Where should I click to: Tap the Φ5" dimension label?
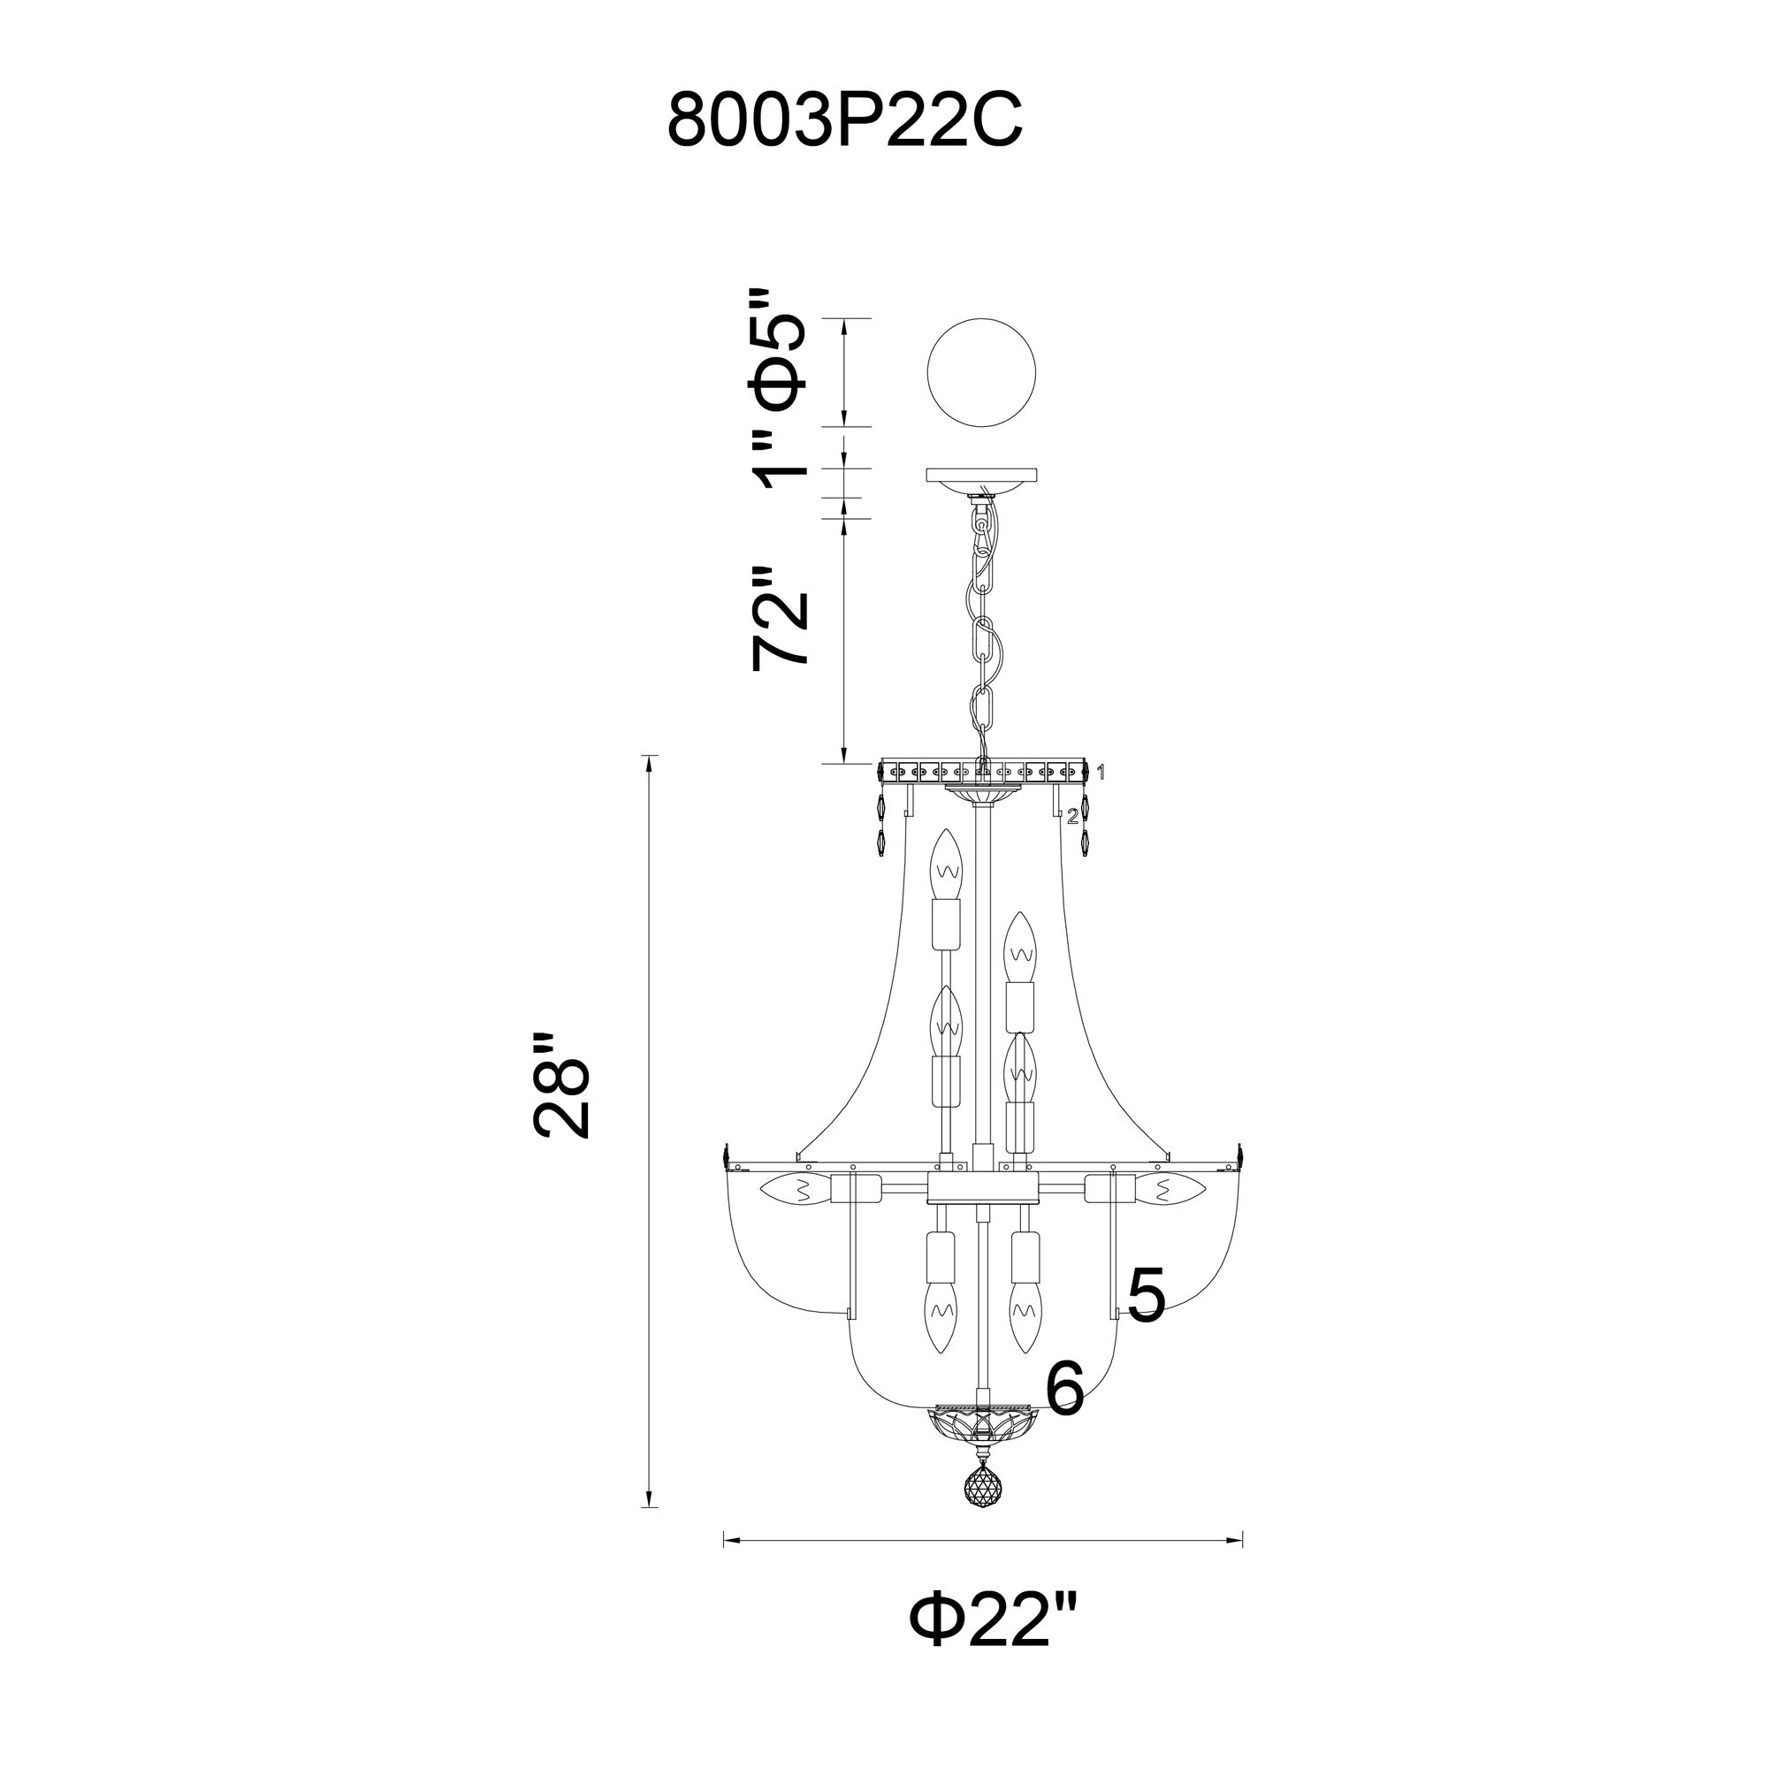point(779,364)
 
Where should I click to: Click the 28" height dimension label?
point(561,1086)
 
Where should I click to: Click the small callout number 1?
point(1101,773)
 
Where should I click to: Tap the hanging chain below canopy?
point(982,631)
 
